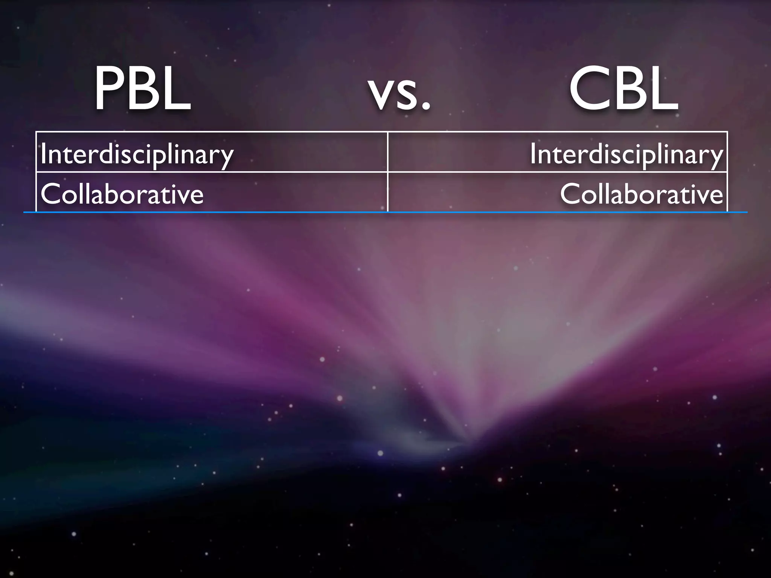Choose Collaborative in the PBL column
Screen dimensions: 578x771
(x=122, y=194)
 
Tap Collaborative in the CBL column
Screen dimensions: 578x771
(x=641, y=194)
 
